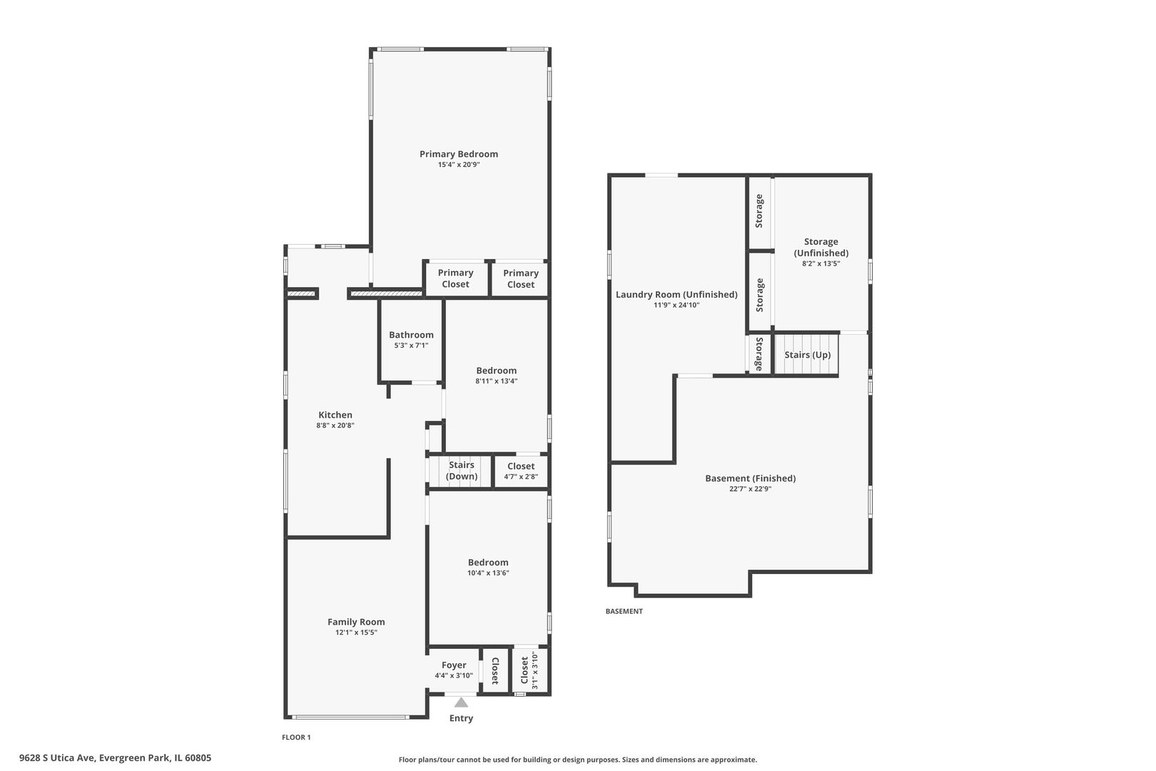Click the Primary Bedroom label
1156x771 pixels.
point(458,154)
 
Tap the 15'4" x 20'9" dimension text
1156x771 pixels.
point(459,165)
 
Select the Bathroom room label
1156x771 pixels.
point(411,335)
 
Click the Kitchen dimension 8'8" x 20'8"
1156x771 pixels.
point(335,425)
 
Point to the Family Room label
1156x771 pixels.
point(356,622)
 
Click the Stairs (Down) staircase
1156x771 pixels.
point(460,470)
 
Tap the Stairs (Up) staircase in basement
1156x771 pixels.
point(806,354)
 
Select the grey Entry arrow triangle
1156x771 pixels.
point(461,702)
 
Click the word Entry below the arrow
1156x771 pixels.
point(461,717)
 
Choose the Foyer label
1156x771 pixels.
point(454,665)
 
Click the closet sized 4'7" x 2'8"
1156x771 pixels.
point(521,470)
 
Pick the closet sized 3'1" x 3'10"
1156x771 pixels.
point(529,670)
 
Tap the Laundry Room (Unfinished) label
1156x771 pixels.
point(676,294)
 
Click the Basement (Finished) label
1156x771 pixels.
point(751,478)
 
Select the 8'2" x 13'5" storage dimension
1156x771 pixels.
point(821,263)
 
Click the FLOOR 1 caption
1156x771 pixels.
point(296,737)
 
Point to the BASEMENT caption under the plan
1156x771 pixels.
point(624,611)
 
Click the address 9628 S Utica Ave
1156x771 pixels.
point(57,758)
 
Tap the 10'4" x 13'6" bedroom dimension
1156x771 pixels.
point(488,573)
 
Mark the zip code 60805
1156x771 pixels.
point(198,758)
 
